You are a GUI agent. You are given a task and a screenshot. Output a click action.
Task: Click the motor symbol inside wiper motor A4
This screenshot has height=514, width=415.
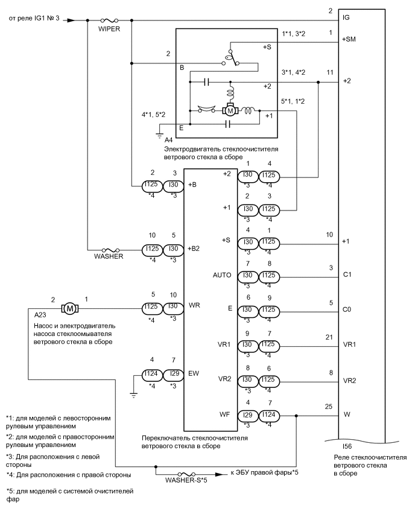tap(230, 110)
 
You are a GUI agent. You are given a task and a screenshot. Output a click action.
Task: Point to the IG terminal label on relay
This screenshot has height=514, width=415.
tap(346, 18)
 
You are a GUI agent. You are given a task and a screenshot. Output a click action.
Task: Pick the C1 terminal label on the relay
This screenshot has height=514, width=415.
tap(347, 275)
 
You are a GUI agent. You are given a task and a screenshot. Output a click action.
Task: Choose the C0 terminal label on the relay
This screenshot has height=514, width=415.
tap(347, 309)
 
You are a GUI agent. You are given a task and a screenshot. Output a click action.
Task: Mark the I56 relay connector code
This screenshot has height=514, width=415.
tap(347, 447)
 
